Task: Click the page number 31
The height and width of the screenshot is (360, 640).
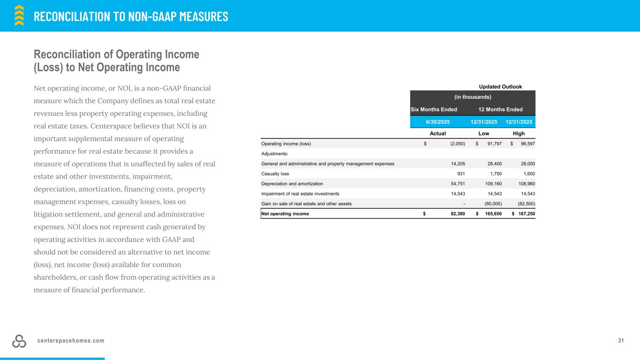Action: [621, 340]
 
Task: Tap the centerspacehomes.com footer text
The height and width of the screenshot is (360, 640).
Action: [71, 341]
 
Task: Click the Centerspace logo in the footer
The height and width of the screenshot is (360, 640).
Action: [19, 342]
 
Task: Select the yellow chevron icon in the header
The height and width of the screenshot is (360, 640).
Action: [19, 15]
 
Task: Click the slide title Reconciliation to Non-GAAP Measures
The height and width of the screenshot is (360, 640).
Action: [131, 16]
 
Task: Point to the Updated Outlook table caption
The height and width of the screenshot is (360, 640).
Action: [500, 86]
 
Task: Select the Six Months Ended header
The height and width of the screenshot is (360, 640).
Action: [434, 109]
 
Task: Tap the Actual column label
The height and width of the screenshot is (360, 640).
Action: [438, 133]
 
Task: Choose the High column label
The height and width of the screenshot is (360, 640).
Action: [519, 133]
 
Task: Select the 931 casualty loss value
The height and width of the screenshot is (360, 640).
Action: [460, 173]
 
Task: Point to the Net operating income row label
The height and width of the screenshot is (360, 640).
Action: [285, 214]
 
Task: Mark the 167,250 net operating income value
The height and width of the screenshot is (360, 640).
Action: [526, 214]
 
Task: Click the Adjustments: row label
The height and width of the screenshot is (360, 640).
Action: [274, 153]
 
